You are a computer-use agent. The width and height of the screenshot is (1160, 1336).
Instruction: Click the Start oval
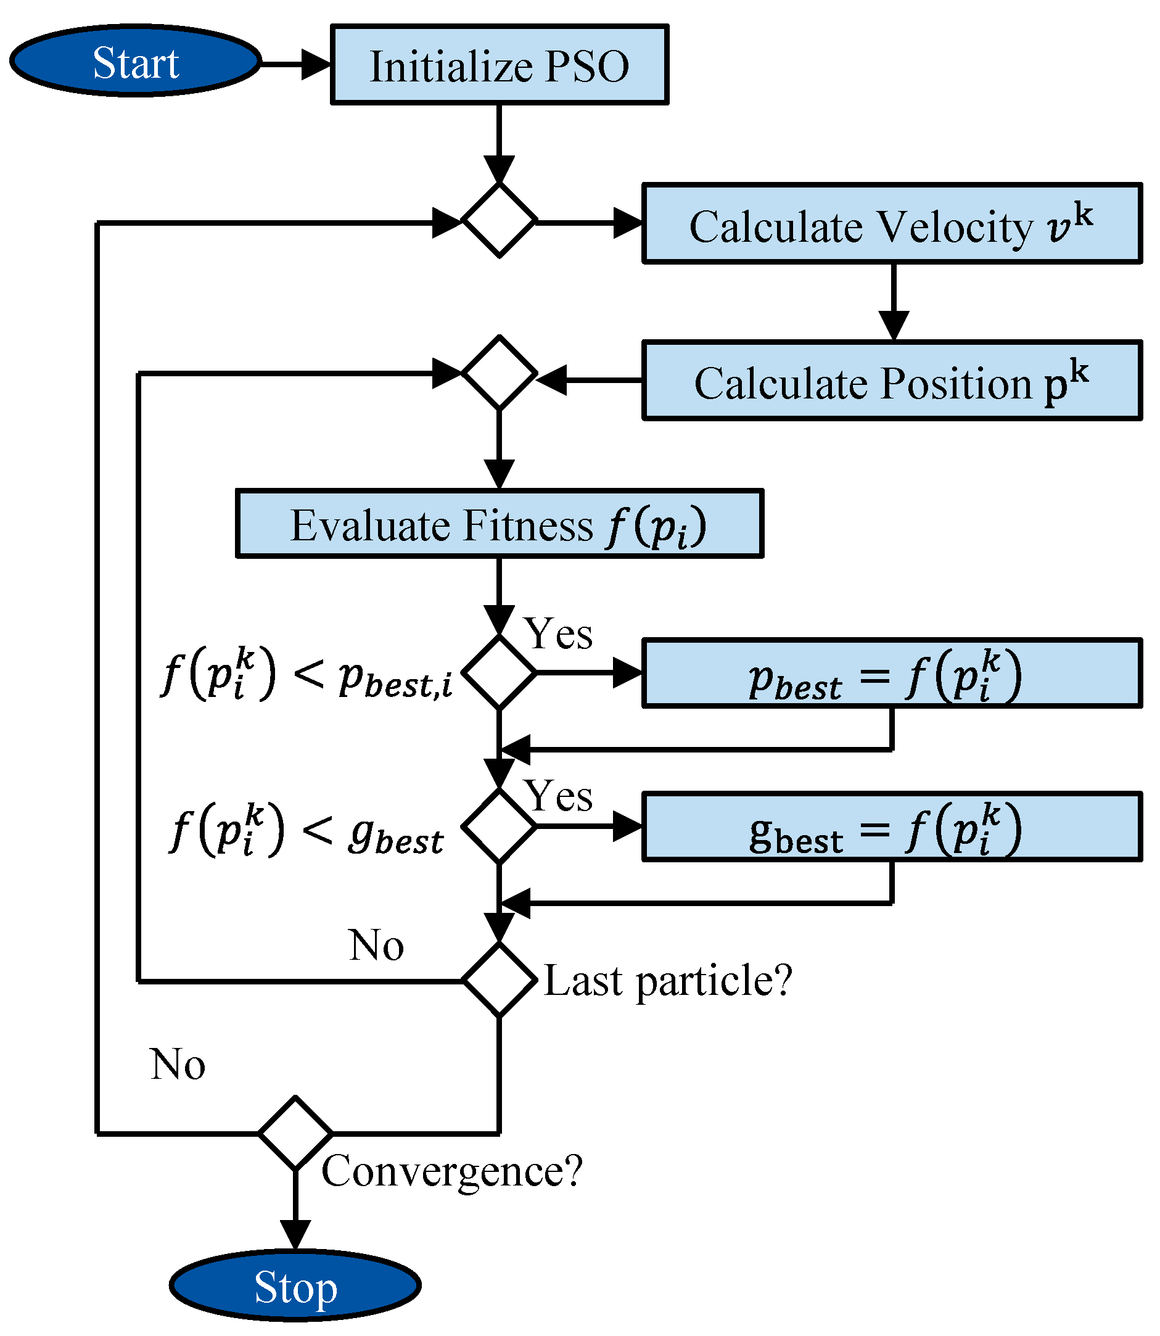tap(135, 62)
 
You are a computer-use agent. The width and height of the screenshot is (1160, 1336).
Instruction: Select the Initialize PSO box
tap(499, 65)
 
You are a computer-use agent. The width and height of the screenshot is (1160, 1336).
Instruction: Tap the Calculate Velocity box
tap(891, 224)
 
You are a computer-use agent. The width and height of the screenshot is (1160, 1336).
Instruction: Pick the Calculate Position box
tap(891, 381)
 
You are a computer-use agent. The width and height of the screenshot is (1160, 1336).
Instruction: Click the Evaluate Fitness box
tap(499, 524)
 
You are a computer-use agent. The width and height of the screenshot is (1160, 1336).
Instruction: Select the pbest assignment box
tap(891, 674)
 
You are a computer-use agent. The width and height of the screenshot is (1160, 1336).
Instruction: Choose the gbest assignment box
tap(891, 827)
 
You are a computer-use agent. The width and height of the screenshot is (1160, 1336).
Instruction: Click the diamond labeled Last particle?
tap(499, 980)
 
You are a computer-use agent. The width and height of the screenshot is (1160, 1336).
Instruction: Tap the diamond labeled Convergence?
tap(295, 1134)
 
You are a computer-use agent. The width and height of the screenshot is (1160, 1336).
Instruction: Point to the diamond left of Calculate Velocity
tap(499, 221)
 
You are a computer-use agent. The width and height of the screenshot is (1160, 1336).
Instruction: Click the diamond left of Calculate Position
tap(499, 373)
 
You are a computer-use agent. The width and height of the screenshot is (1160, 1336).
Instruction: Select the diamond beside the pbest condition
tap(499, 672)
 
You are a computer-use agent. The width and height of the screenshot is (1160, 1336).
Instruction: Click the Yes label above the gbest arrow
tap(558, 796)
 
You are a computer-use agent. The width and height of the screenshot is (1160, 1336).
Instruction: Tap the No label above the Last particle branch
tap(376, 946)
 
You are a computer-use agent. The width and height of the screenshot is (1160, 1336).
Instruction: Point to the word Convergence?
tap(452, 1171)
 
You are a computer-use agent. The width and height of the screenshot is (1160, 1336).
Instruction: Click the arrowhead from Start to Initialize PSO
tap(316, 64)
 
